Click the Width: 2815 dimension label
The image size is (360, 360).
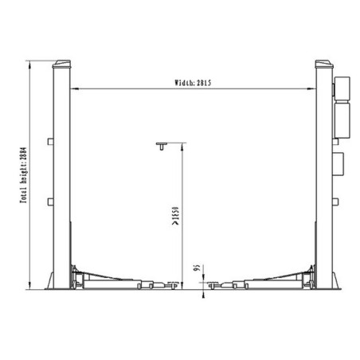tap(194, 82)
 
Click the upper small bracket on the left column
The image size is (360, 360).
tap(49, 143)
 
